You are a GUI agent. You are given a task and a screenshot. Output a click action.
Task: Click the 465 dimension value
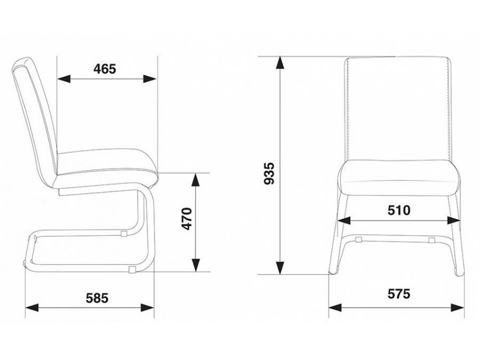coord(105,69)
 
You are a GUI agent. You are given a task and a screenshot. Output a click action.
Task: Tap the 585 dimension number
coord(97,298)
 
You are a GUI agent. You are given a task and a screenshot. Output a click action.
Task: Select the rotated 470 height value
coord(187,219)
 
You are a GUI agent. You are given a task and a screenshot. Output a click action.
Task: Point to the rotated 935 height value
coord(269,173)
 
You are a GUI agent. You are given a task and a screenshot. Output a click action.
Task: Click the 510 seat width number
coord(399,210)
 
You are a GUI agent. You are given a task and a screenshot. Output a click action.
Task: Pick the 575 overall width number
coord(399,294)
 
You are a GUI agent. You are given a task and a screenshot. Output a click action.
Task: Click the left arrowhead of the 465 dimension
coord(64,79)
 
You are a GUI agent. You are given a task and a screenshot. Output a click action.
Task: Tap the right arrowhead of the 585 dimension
coord(147,308)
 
